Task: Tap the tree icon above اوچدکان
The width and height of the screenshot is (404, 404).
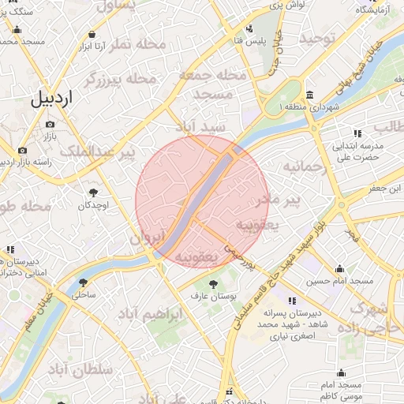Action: click(x=94, y=193)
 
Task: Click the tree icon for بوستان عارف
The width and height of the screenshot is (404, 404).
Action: click(x=212, y=283)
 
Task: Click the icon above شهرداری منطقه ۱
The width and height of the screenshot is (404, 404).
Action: click(x=310, y=92)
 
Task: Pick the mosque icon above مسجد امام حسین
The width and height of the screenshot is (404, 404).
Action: click(x=339, y=268)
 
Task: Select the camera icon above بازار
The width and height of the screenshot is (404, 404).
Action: click(x=50, y=125)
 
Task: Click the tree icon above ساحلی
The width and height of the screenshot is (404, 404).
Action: click(x=84, y=281)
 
